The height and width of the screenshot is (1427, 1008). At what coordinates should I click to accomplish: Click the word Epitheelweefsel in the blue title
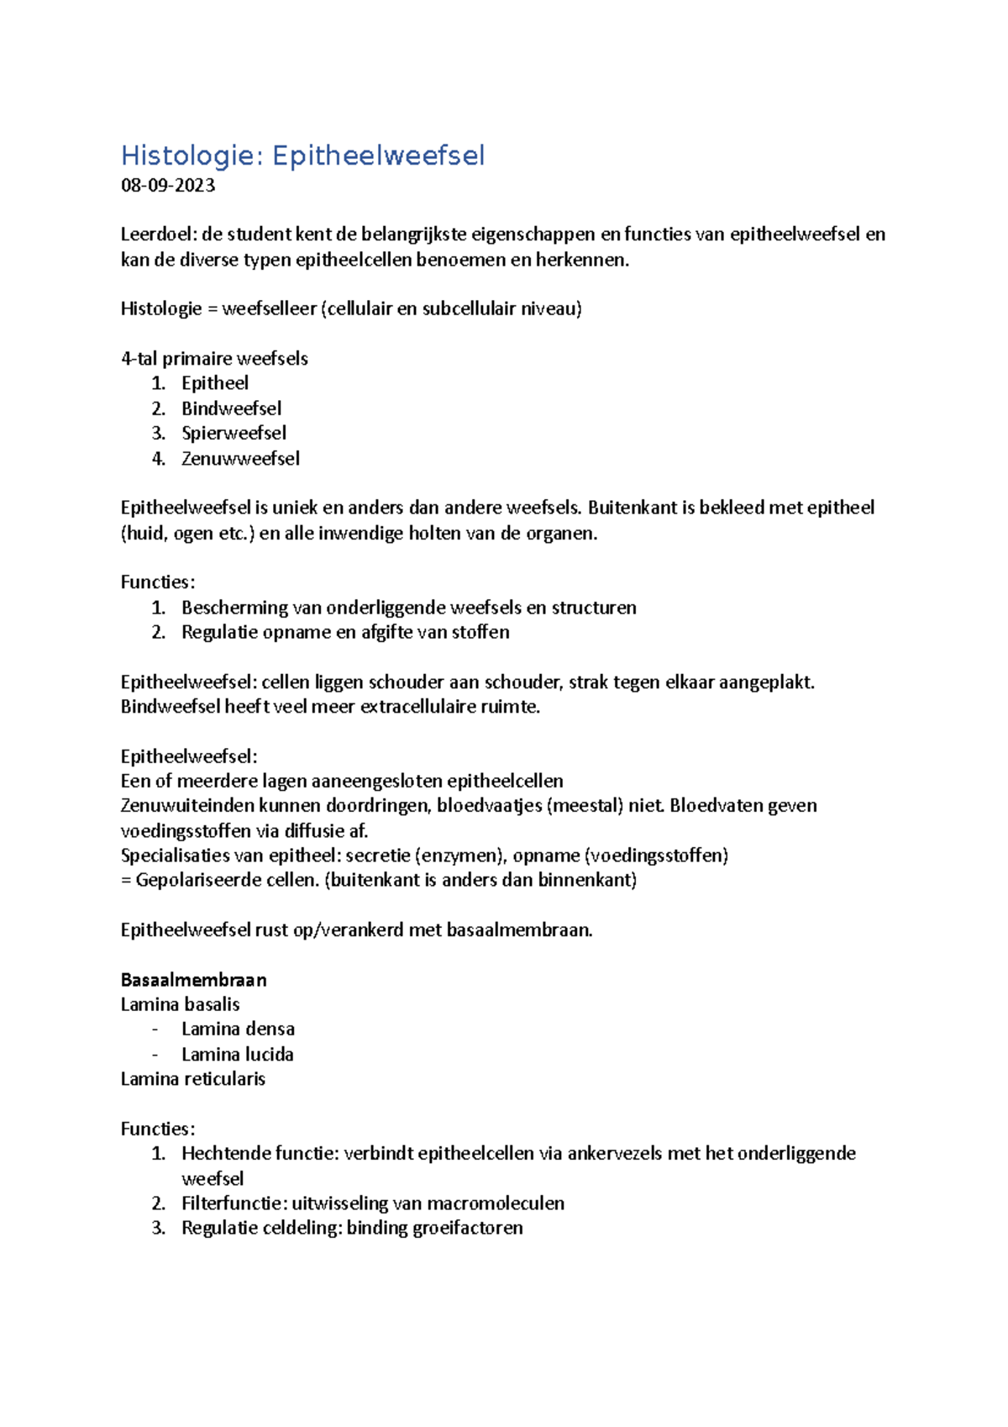click(378, 155)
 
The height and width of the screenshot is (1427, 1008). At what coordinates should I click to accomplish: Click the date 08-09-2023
click(168, 186)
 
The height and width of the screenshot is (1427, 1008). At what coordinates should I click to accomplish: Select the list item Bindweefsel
click(231, 408)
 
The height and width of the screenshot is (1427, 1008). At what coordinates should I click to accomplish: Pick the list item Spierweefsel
click(234, 434)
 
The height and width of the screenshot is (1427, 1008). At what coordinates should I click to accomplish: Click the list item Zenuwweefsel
click(240, 459)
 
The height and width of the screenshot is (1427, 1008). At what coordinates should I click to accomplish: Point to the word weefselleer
click(269, 309)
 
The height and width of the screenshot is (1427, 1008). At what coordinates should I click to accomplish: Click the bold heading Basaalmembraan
click(193, 980)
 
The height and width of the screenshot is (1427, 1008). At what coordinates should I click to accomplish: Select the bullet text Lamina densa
click(238, 1029)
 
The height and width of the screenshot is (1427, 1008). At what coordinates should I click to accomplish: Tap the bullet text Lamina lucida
click(237, 1055)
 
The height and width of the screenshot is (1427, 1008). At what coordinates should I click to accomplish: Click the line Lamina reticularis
click(192, 1079)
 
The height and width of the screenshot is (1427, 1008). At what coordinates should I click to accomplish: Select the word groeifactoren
click(476, 1228)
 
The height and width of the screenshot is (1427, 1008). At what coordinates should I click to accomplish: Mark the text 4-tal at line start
click(139, 359)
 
